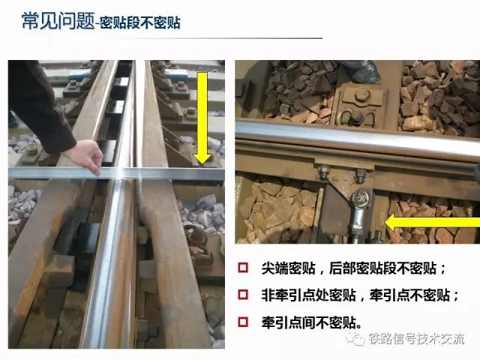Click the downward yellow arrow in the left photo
(202, 118)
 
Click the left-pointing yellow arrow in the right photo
(432, 223)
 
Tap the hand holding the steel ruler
(86, 157)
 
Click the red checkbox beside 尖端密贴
(243, 268)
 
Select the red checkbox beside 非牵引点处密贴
(243, 295)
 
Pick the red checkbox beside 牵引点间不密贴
(243, 322)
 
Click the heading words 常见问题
(58, 21)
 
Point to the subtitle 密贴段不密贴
(140, 22)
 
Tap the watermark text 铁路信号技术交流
(417, 339)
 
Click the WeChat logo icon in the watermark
(355, 338)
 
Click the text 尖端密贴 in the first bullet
(288, 268)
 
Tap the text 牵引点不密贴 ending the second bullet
(409, 295)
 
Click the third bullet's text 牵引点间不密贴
(309, 322)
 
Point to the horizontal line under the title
(211, 38)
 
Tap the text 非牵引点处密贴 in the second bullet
(308, 295)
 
